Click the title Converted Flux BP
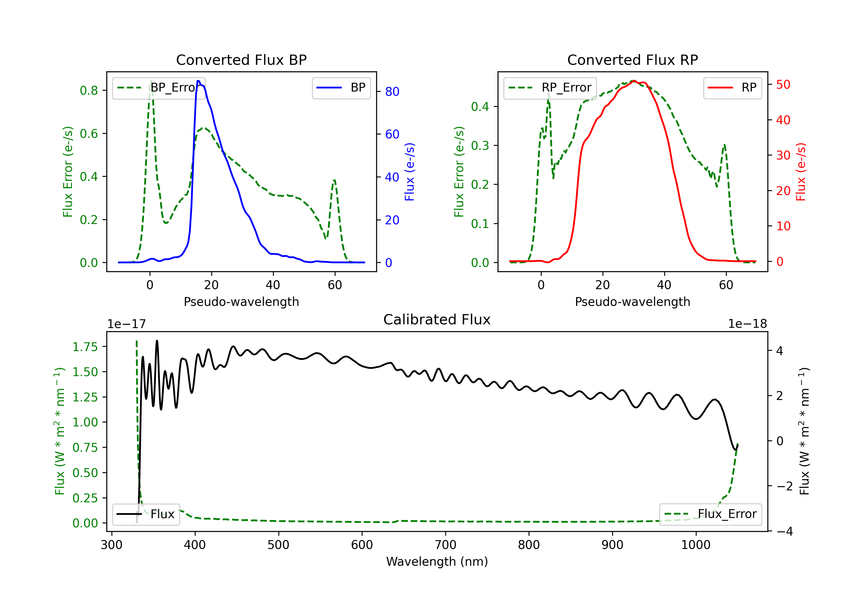(241, 60)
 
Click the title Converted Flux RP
(632, 60)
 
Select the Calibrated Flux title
(437, 320)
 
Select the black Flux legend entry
(146, 514)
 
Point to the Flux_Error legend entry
(710, 514)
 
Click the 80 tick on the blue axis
(392, 91)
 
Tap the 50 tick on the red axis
(783, 85)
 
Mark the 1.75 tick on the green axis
(85, 347)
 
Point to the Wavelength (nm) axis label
(437, 562)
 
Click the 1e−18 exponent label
(748, 324)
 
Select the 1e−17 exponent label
(127, 324)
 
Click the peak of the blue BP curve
(198, 81)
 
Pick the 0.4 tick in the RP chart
(480, 107)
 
